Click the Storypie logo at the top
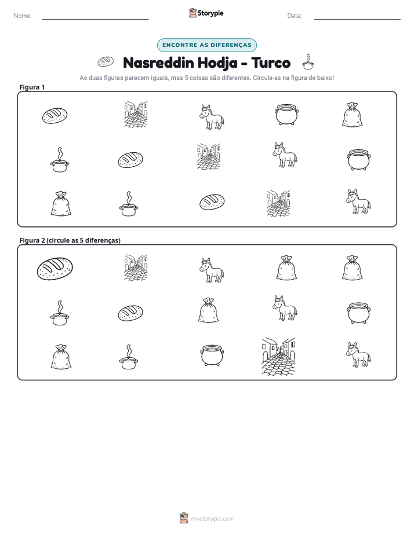pos(206,13)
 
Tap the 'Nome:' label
pos(23,16)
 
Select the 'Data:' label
pos(295,16)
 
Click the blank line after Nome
pos(95,20)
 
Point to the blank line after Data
pos(357,20)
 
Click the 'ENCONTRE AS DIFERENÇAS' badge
pos(206,45)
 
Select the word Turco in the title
pos(271,63)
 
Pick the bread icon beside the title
pos(106,61)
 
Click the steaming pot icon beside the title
pos(308,62)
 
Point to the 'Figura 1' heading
pos(32,87)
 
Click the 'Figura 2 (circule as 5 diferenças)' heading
pos(70,240)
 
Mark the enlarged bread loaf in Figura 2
pos(55,269)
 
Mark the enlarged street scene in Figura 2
pos(278,357)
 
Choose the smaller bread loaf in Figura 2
pos(130,313)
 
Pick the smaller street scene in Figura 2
pos(136,267)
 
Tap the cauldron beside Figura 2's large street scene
pos(212,355)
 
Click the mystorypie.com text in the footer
pos(212,519)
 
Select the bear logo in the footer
pos(184,518)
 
